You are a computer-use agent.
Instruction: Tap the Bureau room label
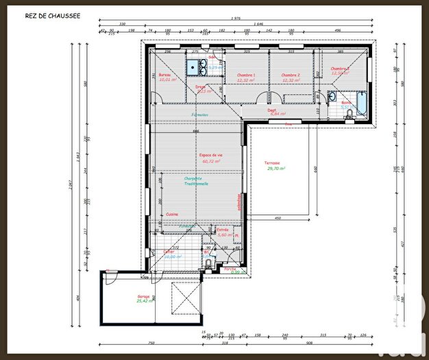164,75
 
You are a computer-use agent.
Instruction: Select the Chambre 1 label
245,75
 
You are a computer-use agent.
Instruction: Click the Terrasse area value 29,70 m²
275,168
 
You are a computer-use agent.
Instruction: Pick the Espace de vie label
212,156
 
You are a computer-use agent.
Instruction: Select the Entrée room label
222,230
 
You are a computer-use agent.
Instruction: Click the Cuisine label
172,214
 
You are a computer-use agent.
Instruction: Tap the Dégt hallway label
272,110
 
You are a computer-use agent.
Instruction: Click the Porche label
230,268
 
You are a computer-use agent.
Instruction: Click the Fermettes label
200,115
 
